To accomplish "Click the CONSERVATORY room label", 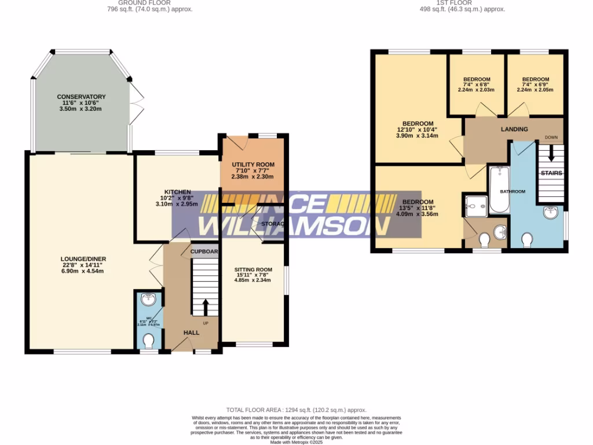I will pos(81,97).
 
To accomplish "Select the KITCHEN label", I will pos(177,192).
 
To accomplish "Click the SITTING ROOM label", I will pos(253,269).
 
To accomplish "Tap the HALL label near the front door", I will pos(192,333).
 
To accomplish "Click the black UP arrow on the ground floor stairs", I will pos(205,307).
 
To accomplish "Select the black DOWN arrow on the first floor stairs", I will pos(551,154).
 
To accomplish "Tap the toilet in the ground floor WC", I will pos(149,340).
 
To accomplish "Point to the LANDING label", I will pos(514,129).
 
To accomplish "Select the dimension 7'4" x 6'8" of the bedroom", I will pos(477,85).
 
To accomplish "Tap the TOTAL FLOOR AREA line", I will pos(296,410).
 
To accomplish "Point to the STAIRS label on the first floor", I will pos(551,173).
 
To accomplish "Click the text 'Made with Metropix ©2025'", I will pos(296,442).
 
